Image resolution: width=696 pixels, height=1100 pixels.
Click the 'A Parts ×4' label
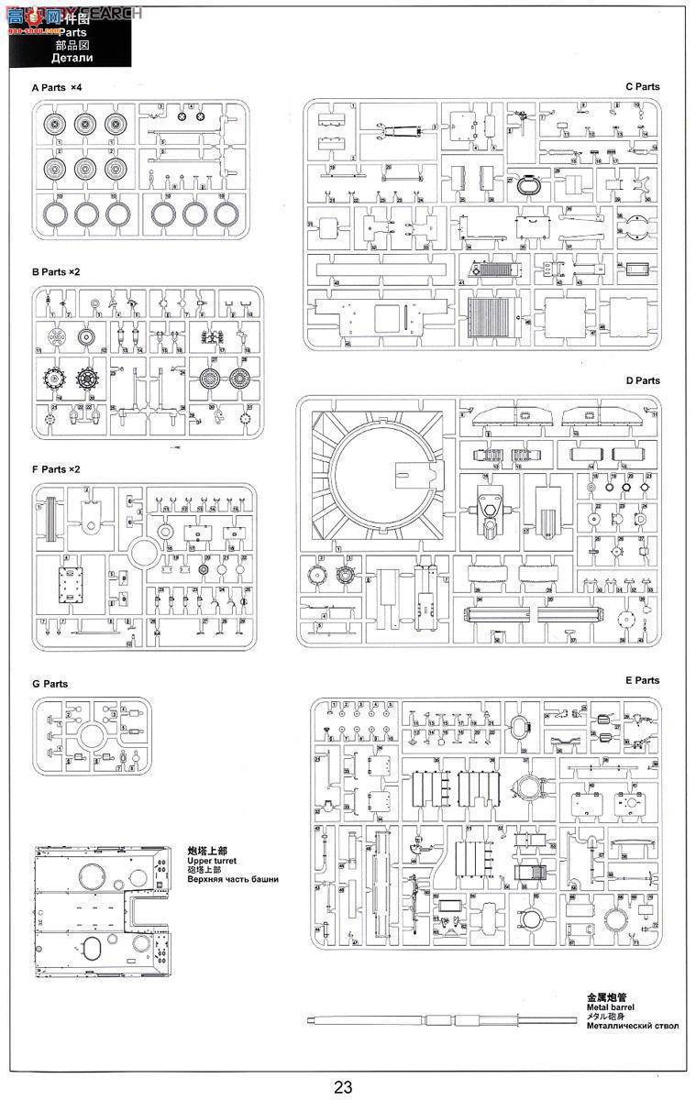click(57, 87)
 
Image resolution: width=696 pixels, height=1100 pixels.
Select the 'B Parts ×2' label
click(56, 273)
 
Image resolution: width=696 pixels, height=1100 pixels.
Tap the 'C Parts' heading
click(642, 87)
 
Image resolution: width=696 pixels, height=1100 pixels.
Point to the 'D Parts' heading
click(642, 380)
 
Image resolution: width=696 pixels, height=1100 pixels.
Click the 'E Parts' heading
click(642, 681)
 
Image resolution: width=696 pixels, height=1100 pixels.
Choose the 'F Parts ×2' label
click(56, 469)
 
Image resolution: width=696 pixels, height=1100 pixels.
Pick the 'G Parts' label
click(50, 684)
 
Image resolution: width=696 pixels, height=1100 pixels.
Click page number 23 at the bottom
click(343, 1087)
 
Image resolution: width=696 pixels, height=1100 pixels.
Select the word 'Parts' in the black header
click(73, 30)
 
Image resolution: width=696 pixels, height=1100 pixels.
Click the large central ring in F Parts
click(145, 554)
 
